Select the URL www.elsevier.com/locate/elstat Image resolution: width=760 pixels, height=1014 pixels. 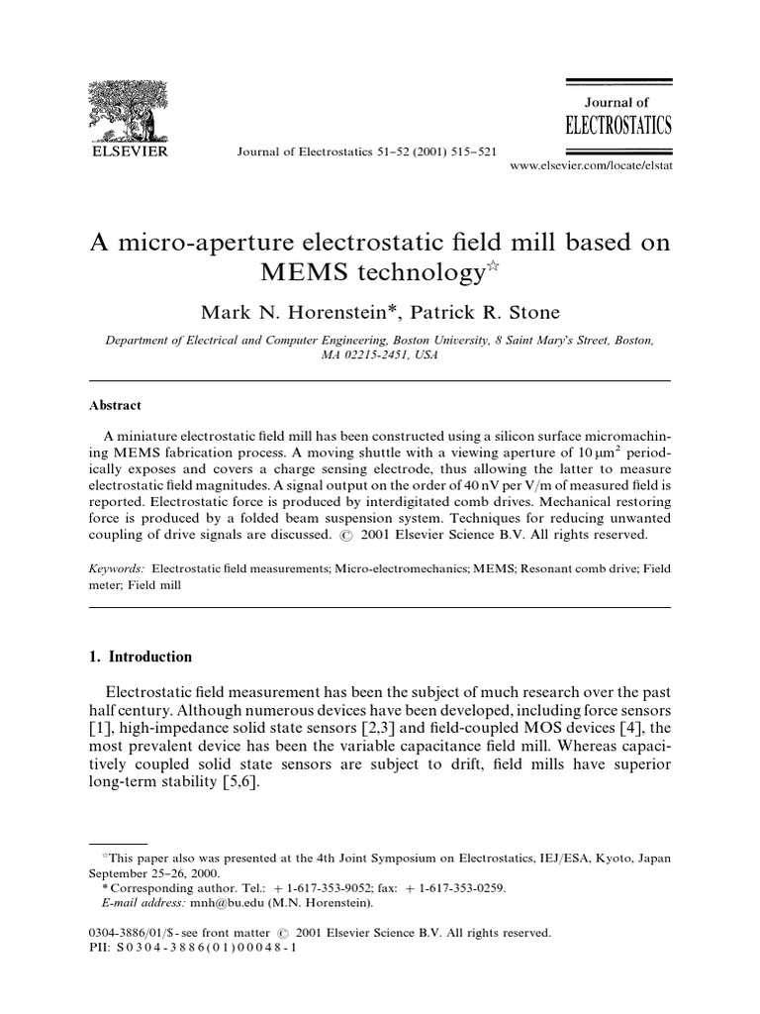(590, 166)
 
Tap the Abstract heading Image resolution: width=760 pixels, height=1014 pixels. (116, 405)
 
